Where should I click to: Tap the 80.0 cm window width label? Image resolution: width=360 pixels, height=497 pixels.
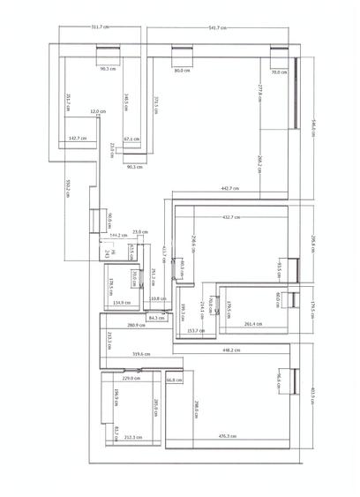tap(182, 70)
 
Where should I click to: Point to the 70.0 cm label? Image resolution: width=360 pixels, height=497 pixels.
tap(279, 72)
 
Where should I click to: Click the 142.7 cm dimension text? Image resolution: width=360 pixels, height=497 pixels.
tap(76, 139)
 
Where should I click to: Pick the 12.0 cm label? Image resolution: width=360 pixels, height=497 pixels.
tap(98, 112)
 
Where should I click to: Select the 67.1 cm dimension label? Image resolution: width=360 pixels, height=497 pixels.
tap(131, 139)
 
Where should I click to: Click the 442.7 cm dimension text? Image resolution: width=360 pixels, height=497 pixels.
tap(230, 188)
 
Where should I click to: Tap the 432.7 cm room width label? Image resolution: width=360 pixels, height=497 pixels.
tap(232, 216)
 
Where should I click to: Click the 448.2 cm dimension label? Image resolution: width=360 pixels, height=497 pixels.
tap(231, 350)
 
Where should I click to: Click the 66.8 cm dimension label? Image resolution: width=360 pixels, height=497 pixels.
tap(173, 380)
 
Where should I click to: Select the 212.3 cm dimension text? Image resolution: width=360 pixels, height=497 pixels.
tap(132, 435)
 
